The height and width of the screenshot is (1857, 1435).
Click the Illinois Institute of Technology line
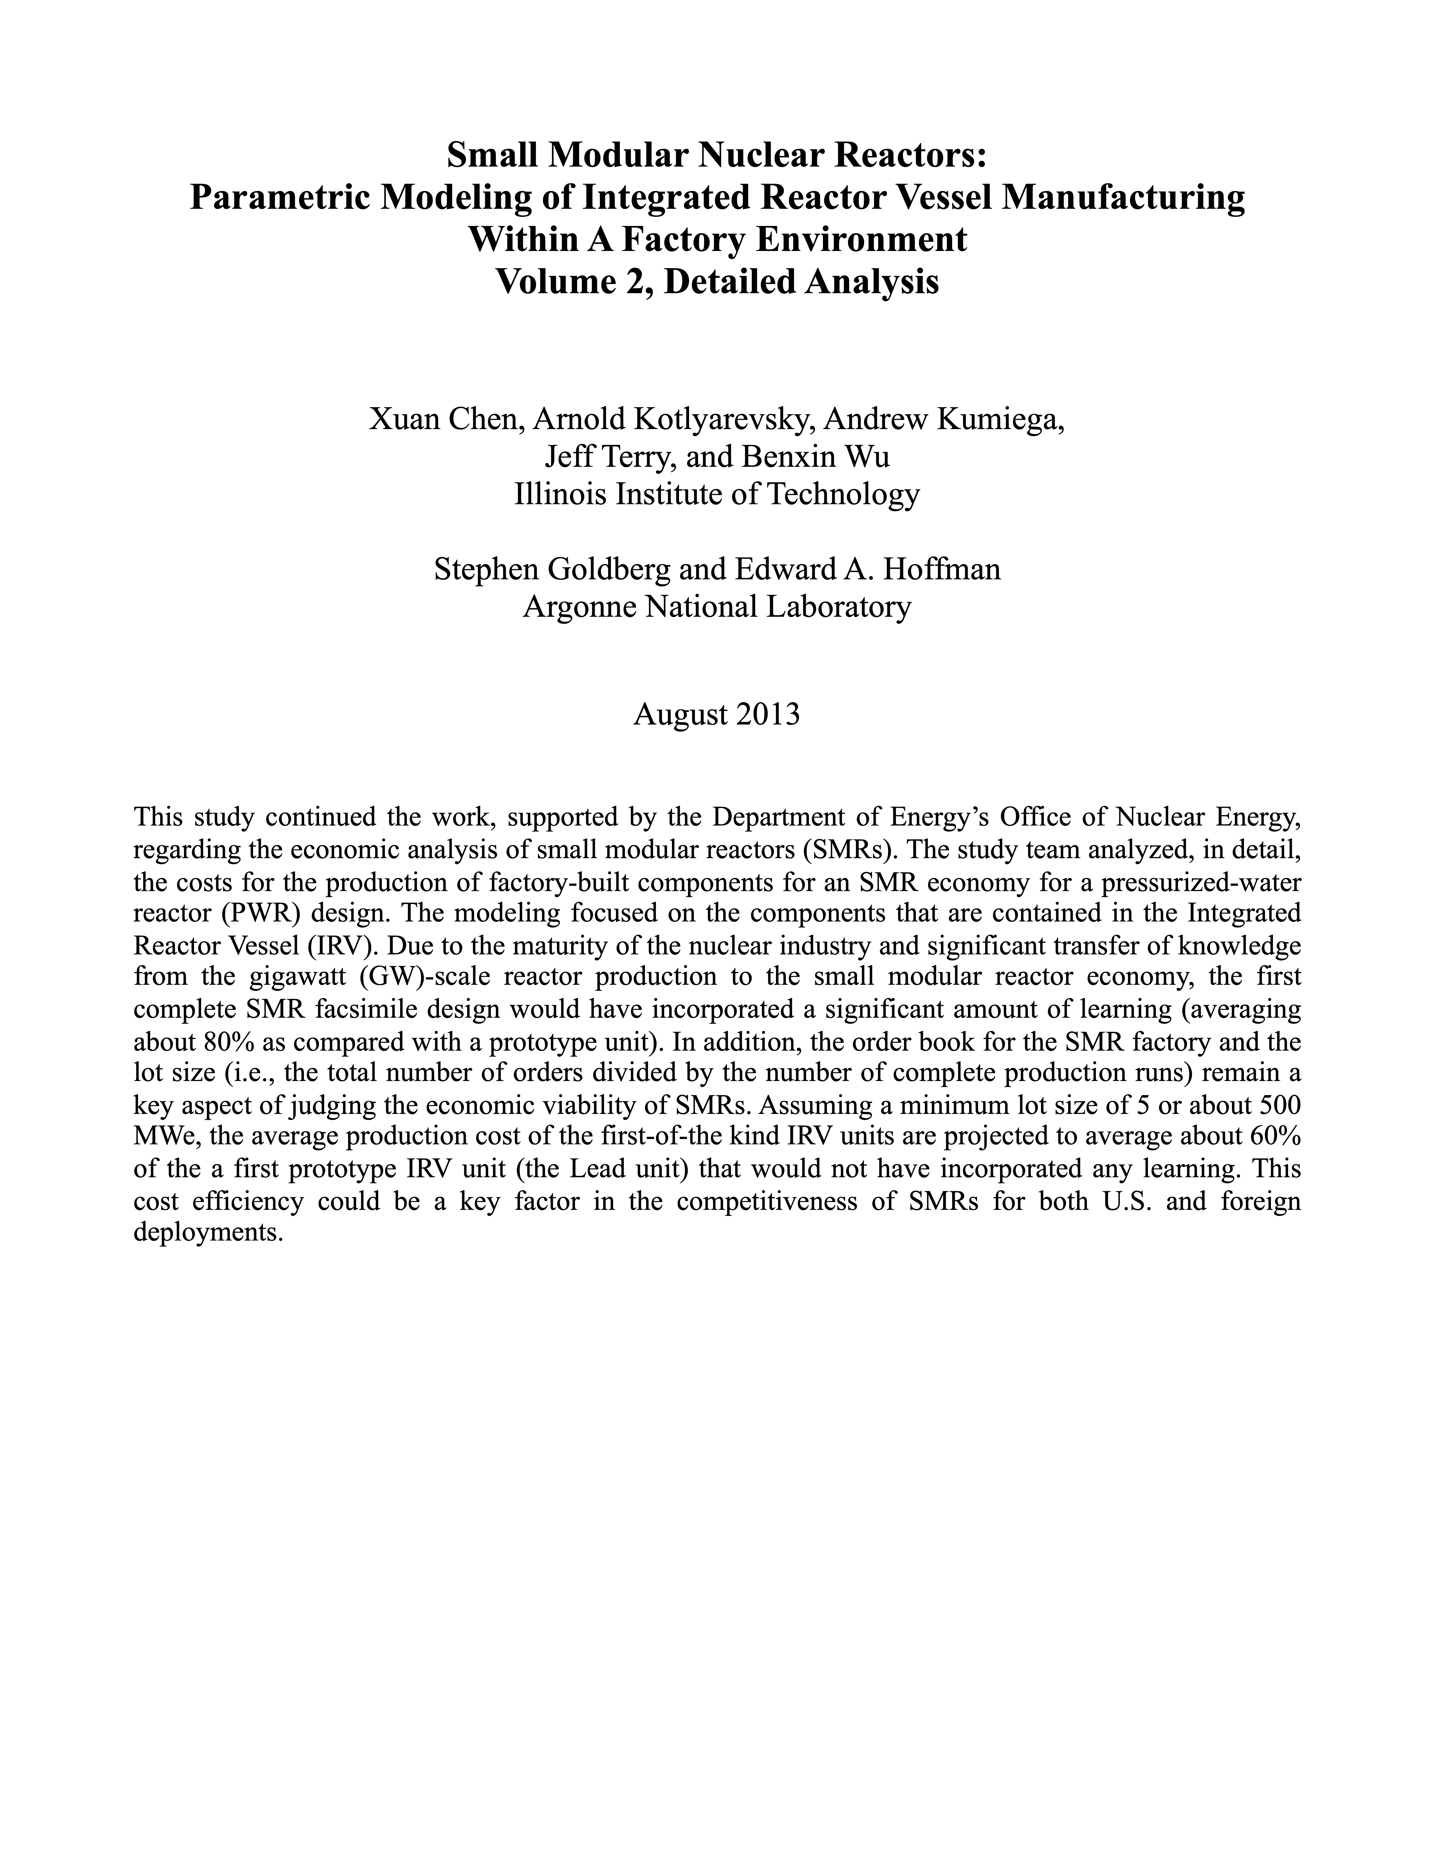tap(717, 494)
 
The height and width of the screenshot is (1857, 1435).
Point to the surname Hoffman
tap(942, 569)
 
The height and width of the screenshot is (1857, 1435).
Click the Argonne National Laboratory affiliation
tap(717, 606)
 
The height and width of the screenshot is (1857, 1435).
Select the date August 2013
tap(717, 714)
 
